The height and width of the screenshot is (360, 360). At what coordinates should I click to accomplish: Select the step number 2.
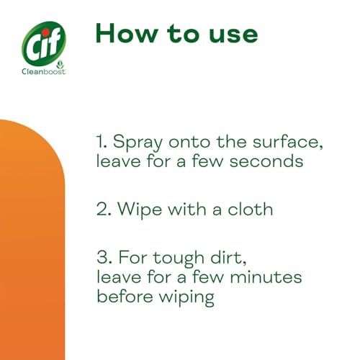pyautogui.click(x=102, y=210)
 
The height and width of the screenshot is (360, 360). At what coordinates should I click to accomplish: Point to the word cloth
pyautogui.click(x=248, y=210)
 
